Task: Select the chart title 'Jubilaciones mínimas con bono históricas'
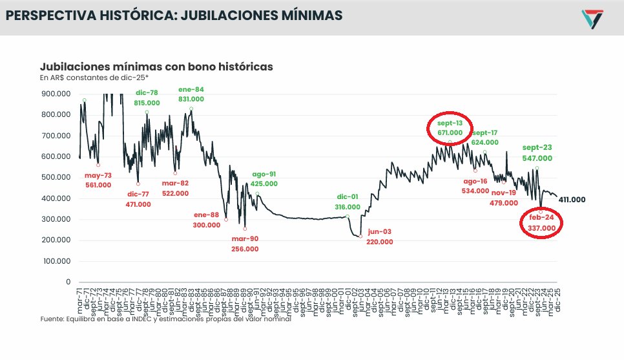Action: [x=156, y=67]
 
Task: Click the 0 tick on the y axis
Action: [x=68, y=282]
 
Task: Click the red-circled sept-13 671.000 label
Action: [x=450, y=127]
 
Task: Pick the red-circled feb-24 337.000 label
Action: [x=541, y=223]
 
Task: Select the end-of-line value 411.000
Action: [x=572, y=200]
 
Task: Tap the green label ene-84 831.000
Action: [x=191, y=94]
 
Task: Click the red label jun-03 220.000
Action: [x=380, y=237]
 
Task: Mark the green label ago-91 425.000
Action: [x=264, y=178]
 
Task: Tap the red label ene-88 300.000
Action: [x=207, y=220]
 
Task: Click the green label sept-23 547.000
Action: [x=537, y=153]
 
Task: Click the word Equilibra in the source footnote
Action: [x=78, y=319]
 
